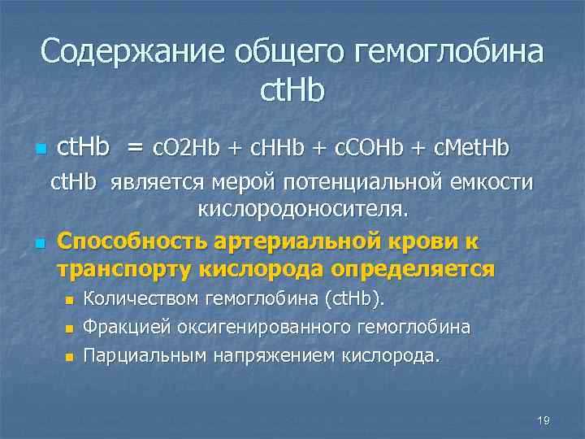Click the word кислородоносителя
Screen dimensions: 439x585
click(304, 209)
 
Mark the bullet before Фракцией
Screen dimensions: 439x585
click(69, 328)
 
